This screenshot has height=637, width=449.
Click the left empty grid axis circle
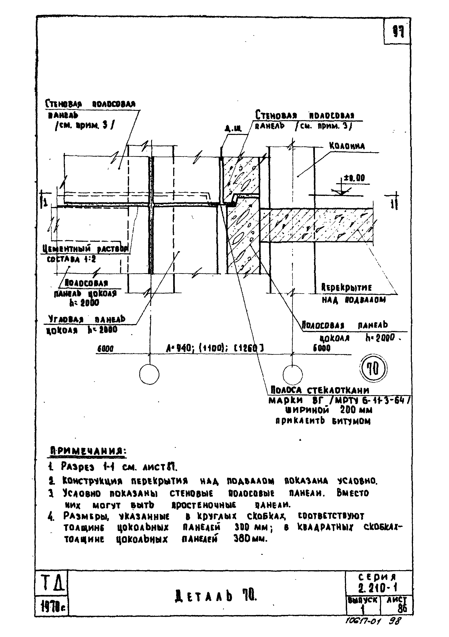pos(149,374)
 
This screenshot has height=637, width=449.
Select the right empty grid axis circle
pos(293,374)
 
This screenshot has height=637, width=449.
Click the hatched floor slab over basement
pos(316,225)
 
